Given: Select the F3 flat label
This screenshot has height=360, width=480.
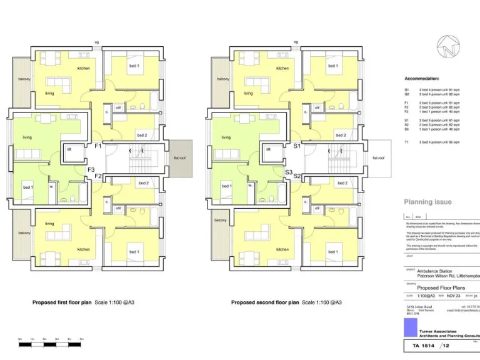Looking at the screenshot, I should pyautogui.click(x=91, y=170).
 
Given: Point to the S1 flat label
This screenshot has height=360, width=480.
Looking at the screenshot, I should pyautogui.click(x=297, y=146).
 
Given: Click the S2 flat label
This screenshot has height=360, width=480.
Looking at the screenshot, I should pyautogui.click(x=297, y=176).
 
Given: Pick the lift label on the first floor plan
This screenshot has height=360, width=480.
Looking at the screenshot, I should pyautogui.click(x=69, y=149).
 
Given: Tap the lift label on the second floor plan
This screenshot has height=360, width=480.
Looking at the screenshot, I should pyautogui.click(x=268, y=149).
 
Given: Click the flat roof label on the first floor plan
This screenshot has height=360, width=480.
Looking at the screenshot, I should pyautogui.click(x=179, y=157).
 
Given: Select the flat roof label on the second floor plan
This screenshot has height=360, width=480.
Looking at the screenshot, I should pyautogui.click(x=379, y=157).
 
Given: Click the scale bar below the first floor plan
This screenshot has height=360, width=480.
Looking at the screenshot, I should pyautogui.click(x=49, y=343).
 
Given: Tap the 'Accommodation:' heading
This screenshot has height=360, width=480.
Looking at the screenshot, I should pyautogui.click(x=426, y=79).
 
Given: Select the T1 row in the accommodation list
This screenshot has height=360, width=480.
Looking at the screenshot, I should pyautogui.click(x=432, y=142).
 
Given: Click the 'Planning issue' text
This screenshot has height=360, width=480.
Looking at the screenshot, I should pyautogui.click(x=427, y=202).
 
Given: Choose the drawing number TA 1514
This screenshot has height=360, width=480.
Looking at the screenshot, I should pyautogui.click(x=423, y=345).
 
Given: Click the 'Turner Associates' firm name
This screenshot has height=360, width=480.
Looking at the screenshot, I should pyautogui.click(x=438, y=331).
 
